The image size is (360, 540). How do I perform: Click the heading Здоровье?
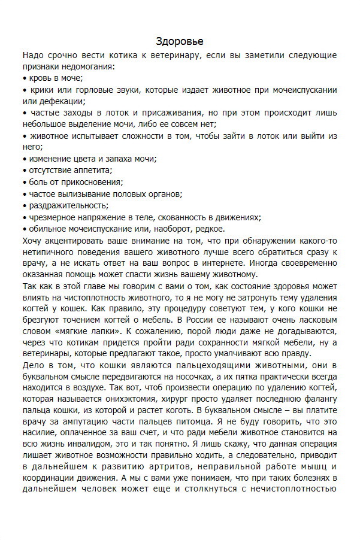point(180,41)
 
